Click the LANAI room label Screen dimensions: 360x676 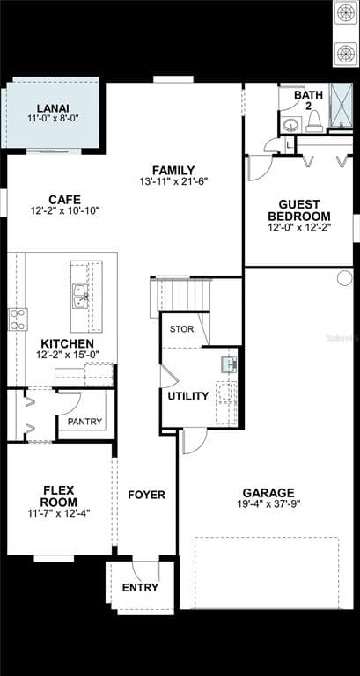pyautogui.click(x=53, y=108)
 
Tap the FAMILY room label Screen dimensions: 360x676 pyautogui.click(x=173, y=170)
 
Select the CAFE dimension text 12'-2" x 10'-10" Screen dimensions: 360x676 pyautogui.click(x=64, y=211)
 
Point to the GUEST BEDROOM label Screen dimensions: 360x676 pyautogui.click(x=298, y=210)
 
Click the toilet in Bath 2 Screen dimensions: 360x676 pyautogui.click(x=314, y=121)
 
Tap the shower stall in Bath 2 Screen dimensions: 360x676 pyautogui.click(x=341, y=106)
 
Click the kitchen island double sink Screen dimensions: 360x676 pyautogui.click(x=81, y=296)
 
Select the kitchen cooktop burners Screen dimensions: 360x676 pyautogui.click(x=18, y=320)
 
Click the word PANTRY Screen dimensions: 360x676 pyautogui.click(x=84, y=422)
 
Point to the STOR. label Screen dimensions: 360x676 pyautogui.click(x=183, y=329)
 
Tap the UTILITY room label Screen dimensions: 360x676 pyautogui.click(x=188, y=396)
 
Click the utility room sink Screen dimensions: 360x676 pyautogui.click(x=229, y=364)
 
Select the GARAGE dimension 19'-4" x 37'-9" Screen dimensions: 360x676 pyautogui.click(x=268, y=503)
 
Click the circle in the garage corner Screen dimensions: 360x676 pyautogui.click(x=344, y=278)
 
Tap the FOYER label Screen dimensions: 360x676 pyautogui.click(x=147, y=495)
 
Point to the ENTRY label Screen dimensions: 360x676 pyautogui.click(x=140, y=587)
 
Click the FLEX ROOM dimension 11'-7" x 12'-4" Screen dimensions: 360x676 pyautogui.click(x=59, y=513)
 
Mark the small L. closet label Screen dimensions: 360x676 pyautogui.click(x=289, y=146)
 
